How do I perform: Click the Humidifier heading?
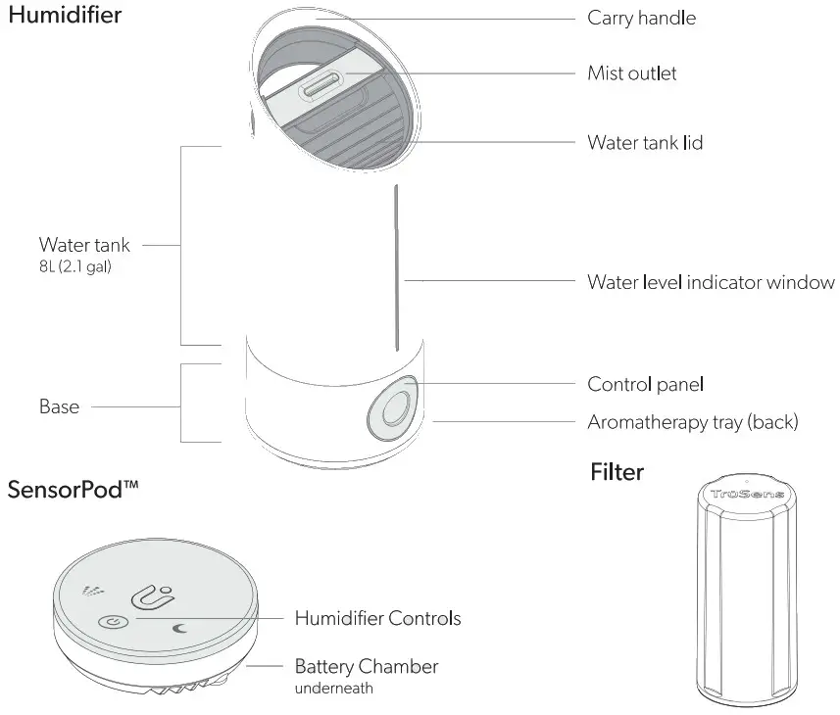coord(65,17)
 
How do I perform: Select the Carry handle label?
coord(641,18)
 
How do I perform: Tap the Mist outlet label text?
coord(631,73)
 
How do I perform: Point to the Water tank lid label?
coord(645,143)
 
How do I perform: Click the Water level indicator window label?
coord(711,282)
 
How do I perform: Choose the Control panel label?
coord(645,385)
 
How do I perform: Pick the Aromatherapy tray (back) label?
coord(692,422)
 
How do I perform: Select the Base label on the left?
coord(59,406)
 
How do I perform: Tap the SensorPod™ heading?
coord(73,490)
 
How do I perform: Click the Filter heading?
coord(617,472)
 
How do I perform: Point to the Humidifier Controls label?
coord(377,618)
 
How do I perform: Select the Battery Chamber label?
coord(367,667)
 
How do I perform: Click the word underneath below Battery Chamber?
coord(334,689)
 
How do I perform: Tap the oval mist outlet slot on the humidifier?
coord(321,88)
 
